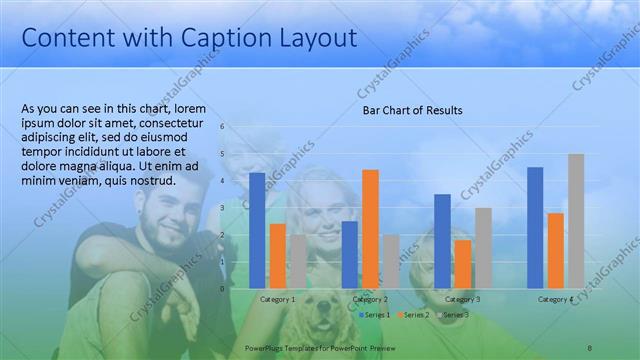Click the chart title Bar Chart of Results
click(412, 110)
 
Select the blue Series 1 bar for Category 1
click(257, 230)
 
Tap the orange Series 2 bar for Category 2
click(370, 229)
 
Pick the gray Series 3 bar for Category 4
click(575, 221)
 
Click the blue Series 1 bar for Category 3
click(442, 241)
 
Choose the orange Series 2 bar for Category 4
click(555, 250)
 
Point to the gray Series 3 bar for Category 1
click(297, 261)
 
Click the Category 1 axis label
click(277, 299)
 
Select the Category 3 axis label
click(462, 299)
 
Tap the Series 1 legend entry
click(376, 315)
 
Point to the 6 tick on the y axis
click(222, 127)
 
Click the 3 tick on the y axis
click(222, 208)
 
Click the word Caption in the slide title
click(227, 38)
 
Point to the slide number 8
click(589, 346)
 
